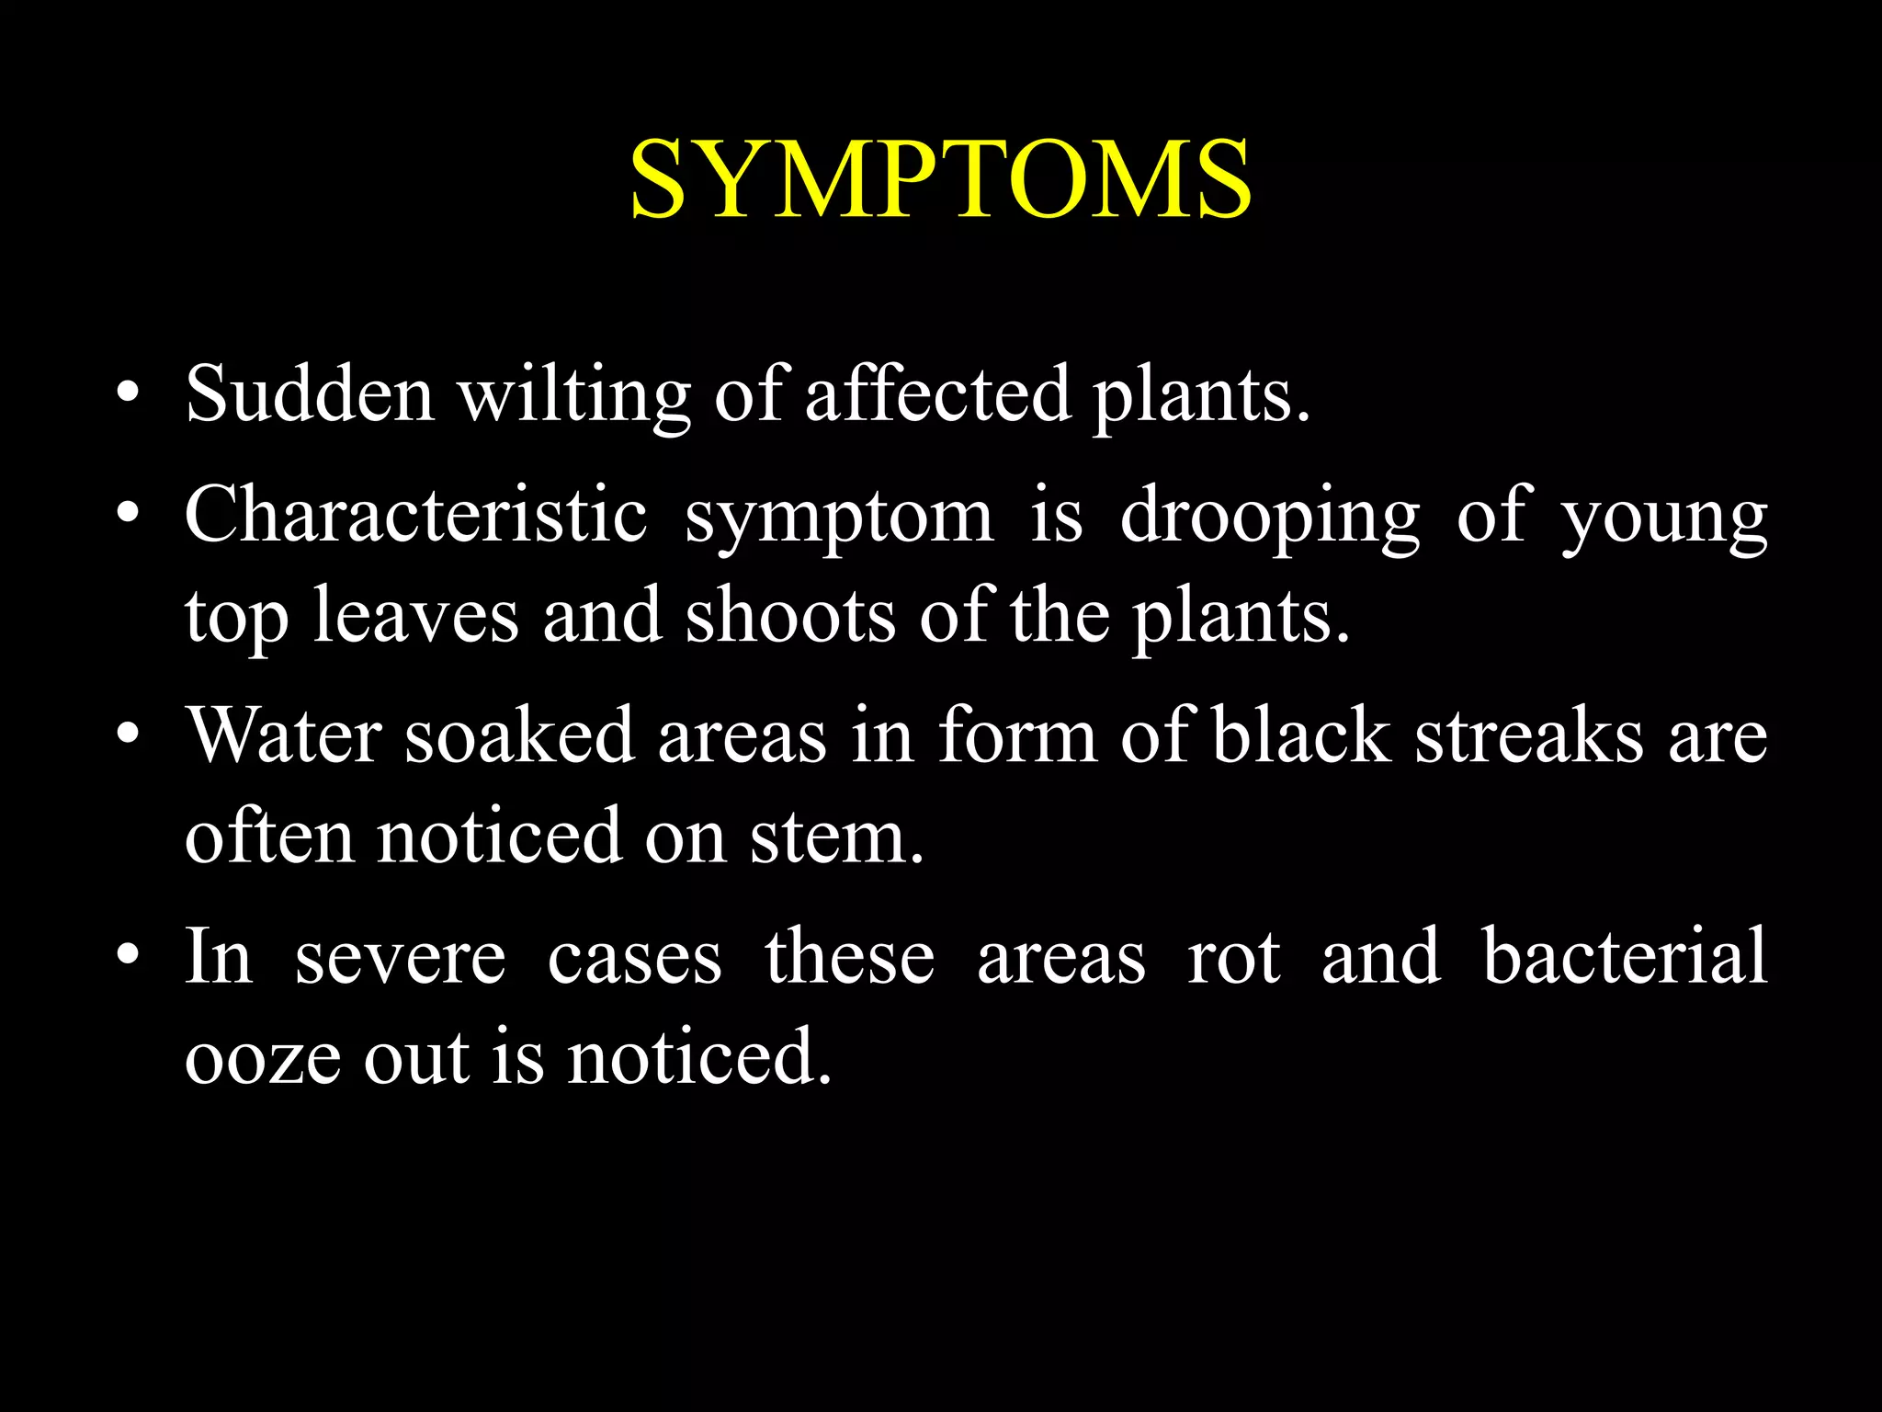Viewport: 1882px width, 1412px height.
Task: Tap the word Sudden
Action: click(x=310, y=394)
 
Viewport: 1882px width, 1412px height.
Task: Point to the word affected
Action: click(x=937, y=394)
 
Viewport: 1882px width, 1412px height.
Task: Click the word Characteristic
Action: click(x=416, y=515)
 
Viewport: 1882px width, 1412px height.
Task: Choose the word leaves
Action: click(x=415, y=615)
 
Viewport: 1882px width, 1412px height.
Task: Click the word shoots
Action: click(x=790, y=615)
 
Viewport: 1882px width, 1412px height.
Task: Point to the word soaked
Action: click(x=519, y=735)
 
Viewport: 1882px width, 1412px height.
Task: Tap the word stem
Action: click(x=836, y=837)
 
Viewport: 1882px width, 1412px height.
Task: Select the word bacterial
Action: click(x=1625, y=956)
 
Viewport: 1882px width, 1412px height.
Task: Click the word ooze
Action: click(x=263, y=1057)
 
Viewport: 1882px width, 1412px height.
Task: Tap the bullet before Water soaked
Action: click(x=129, y=736)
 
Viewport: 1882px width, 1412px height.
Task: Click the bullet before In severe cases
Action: click(x=129, y=957)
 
